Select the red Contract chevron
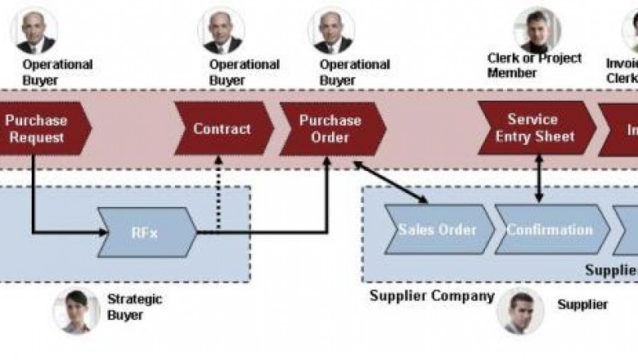coord(222,129)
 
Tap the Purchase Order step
coord(330,129)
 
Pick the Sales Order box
coord(438,230)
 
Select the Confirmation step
coord(550,230)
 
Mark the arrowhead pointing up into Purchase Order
coord(327,161)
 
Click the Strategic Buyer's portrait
coord(76,311)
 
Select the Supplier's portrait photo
coord(520,310)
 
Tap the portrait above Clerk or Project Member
coord(537,29)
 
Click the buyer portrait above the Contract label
coord(221,29)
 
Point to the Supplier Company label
coord(432,296)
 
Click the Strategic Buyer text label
coord(135,307)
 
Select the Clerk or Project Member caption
coord(534,65)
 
